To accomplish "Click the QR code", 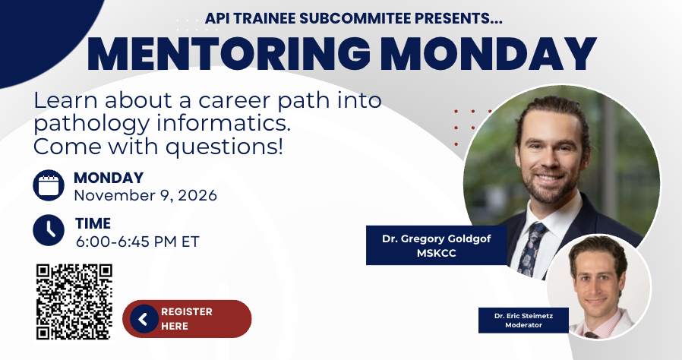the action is point(74,302).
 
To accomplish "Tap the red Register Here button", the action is point(187,319).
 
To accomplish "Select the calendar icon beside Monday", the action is point(49,185).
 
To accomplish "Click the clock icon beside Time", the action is point(49,230).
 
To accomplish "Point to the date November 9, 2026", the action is point(145,196).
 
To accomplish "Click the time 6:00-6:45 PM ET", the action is point(137,242).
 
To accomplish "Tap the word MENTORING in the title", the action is point(229,54).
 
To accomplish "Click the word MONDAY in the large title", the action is point(488,54).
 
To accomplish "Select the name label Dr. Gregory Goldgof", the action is point(436,238).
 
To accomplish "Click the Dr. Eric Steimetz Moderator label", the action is point(523,321).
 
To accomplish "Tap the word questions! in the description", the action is point(224,147).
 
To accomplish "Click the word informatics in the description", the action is point(223,124).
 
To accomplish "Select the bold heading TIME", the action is point(93,223).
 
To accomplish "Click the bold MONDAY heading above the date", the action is point(109,178).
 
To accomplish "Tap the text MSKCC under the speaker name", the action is point(436,253).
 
